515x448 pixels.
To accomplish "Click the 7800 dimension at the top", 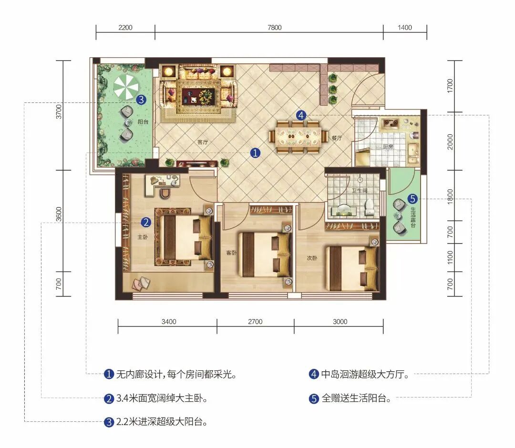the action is [x=275, y=28].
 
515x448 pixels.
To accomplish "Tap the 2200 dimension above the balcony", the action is [x=125, y=28].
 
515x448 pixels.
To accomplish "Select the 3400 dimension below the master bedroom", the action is [x=169, y=322].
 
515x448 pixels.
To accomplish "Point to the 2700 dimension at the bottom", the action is [x=255, y=322].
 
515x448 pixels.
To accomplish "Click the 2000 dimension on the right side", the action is [x=450, y=142].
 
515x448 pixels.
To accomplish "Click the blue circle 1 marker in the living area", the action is [x=255, y=153].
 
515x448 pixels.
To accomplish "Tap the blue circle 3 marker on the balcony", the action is [x=141, y=100].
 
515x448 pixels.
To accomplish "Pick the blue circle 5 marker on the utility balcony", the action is [x=412, y=199].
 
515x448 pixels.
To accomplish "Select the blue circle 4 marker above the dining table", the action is [x=301, y=115].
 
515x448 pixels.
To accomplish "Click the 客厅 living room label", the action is [x=203, y=142].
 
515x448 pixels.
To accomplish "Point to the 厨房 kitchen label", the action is [x=388, y=147].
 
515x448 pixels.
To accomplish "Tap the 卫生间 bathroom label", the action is [x=360, y=190].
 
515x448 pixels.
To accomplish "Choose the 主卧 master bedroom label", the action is [x=142, y=237].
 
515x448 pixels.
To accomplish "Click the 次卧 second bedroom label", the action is [x=312, y=258].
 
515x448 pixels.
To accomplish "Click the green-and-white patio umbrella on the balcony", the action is [x=126, y=86].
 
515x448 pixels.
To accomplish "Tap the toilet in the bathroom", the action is [x=370, y=207].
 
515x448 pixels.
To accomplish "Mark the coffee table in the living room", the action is [x=198, y=96].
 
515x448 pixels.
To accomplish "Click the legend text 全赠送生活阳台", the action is [x=356, y=398].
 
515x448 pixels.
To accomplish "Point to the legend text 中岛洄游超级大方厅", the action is [x=365, y=374].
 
